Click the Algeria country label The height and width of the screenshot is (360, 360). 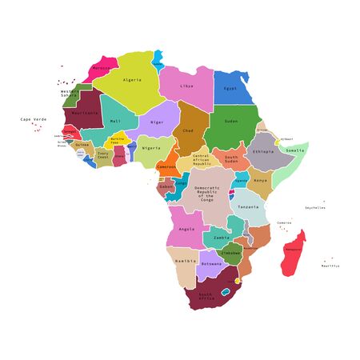click(133, 80)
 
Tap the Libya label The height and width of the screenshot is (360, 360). click(186, 86)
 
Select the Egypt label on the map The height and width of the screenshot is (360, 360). click(230, 88)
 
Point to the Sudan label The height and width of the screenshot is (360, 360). click(230, 121)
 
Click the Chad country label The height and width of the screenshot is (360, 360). click(188, 130)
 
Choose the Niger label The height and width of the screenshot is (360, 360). click(157, 122)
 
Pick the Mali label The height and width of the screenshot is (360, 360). click(115, 121)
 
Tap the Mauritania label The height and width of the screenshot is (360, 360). click(86, 113)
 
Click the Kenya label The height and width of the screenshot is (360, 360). click(261, 181)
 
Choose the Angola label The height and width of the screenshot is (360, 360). click(186, 229)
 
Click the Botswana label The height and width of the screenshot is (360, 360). click(211, 263)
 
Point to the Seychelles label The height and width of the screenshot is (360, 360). click(315, 207)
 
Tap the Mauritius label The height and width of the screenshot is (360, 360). click(330, 266)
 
